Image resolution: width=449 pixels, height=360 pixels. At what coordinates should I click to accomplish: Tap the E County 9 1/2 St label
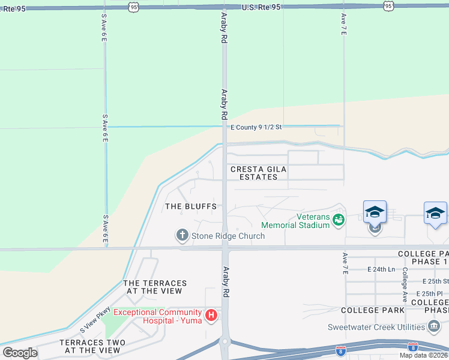point(256,127)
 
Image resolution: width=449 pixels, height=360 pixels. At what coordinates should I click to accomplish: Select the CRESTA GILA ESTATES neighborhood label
point(259,173)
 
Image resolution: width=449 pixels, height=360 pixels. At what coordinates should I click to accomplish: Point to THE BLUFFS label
point(191,206)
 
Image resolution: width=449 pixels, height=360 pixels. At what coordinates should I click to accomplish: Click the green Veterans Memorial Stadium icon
point(339,220)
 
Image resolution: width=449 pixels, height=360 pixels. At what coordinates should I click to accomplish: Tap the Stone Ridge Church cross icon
point(182,235)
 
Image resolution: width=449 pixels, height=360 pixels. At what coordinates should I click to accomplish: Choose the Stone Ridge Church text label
point(228,236)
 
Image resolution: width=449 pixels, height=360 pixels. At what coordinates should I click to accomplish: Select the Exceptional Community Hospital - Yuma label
point(157,316)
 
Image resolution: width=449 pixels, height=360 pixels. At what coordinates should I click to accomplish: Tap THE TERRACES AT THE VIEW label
point(155,287)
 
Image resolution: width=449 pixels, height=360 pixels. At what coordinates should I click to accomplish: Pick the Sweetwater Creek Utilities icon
point(434,326)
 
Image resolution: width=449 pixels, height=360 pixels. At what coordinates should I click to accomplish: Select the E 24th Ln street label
point(381,269)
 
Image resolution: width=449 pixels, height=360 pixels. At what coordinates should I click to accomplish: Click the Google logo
point(19,353)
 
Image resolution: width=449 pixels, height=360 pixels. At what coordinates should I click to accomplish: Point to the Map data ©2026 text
point(423,355)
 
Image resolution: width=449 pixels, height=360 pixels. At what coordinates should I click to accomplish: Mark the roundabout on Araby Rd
point(225,343)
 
